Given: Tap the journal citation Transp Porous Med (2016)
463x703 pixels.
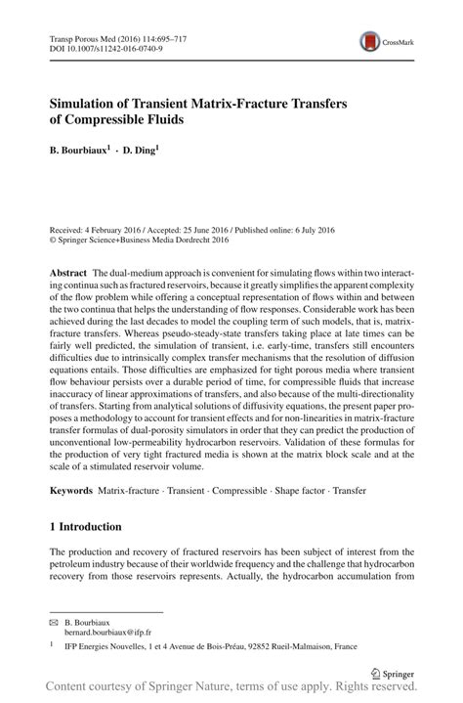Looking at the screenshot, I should point(97,35).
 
